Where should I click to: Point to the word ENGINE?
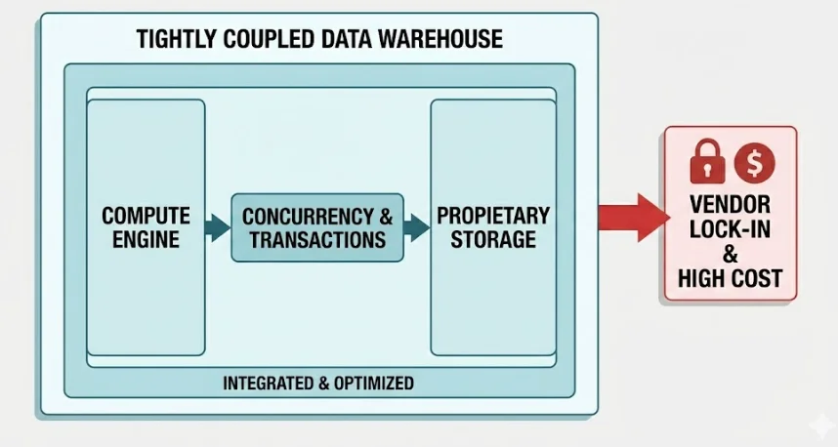click(146, 239)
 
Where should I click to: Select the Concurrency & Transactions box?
click(317, 227)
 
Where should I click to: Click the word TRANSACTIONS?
click(317, 239)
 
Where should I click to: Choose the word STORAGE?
click(493, 239)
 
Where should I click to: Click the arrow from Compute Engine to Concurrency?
click(217, 228)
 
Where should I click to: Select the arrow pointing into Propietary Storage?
click(416, 228)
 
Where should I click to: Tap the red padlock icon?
click(707, 162)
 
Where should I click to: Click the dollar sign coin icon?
click(754, 162)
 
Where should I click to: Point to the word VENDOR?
click(730, 205)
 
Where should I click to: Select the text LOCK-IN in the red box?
click(730, 230)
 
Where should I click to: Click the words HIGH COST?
click(730, 279)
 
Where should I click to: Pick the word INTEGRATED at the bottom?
click(270, 383)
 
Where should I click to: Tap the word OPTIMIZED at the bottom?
click(373, 383)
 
